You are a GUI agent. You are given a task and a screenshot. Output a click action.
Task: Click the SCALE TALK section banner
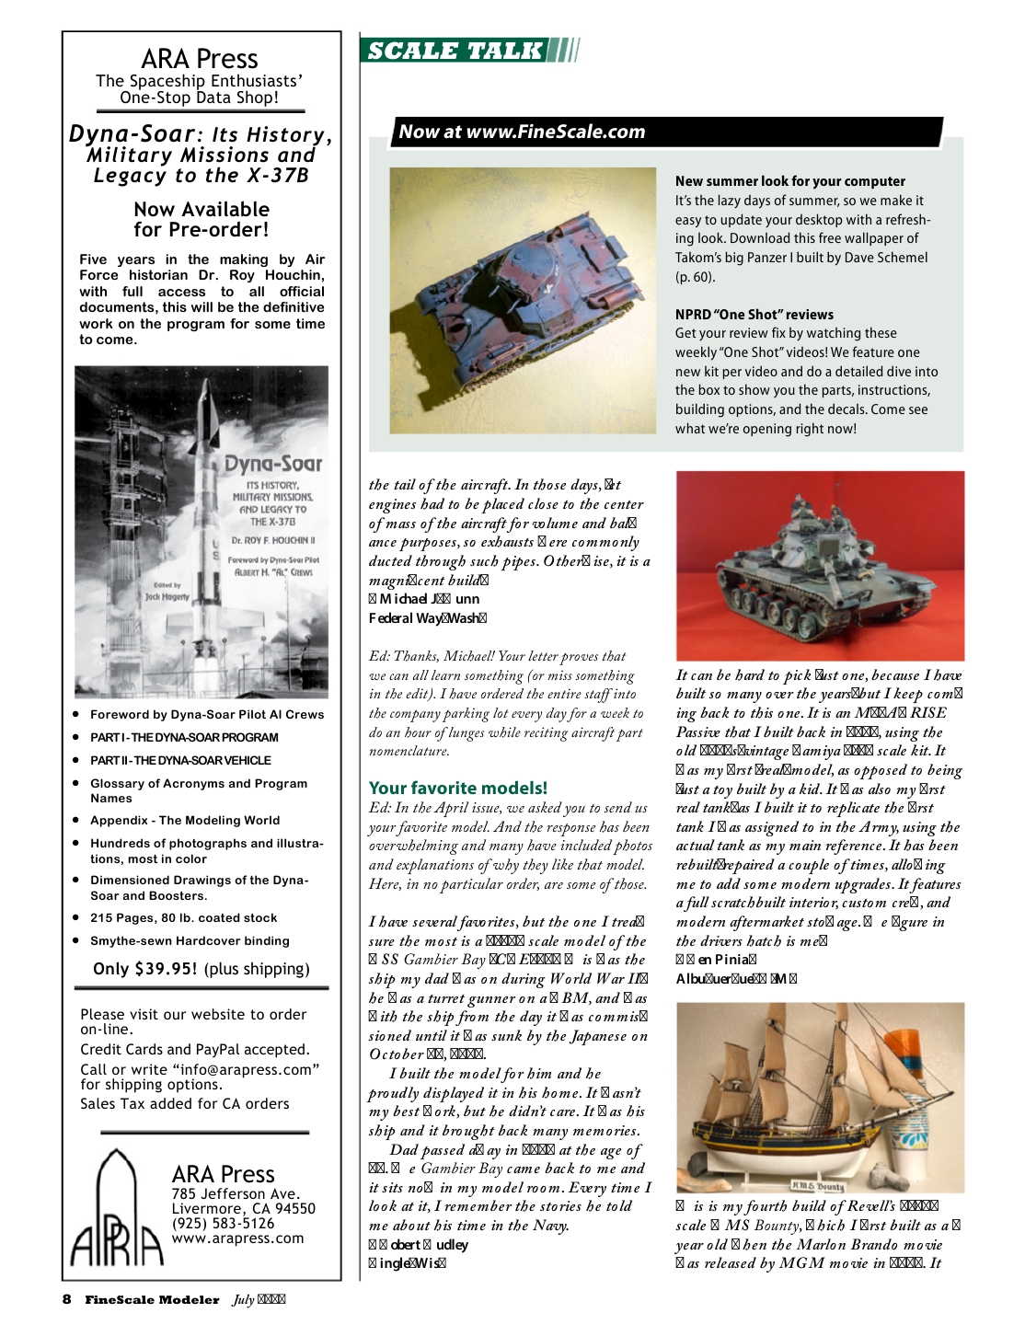point(455,51)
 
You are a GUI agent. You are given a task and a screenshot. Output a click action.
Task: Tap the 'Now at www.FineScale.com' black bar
point(522,132)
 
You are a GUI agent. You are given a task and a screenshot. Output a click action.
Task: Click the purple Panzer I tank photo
point(523,301)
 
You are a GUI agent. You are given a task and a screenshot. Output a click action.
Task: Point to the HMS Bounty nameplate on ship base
point(818,1186)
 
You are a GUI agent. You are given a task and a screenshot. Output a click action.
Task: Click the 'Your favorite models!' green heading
point(458,788)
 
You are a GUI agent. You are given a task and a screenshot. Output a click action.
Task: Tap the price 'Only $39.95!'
point(145,969)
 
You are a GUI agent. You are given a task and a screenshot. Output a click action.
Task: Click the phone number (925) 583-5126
point(223,1224)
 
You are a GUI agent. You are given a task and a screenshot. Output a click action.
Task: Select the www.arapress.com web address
point(237,1238)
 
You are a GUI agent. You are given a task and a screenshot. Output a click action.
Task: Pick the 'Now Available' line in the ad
point(202,210)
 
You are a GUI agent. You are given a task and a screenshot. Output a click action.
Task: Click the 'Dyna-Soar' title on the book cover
point(273,464)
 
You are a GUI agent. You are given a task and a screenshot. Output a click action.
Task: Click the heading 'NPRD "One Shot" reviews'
point(754,315)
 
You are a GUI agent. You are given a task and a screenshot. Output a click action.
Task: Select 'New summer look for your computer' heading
point(790,181)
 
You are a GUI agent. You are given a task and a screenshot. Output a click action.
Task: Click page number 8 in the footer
point(66,1299)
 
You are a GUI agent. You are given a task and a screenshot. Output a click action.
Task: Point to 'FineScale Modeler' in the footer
point(152,1300)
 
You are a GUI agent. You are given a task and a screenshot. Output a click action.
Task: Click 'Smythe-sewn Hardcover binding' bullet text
point(190,940)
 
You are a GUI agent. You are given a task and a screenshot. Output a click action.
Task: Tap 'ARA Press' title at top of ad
point(200,59)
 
